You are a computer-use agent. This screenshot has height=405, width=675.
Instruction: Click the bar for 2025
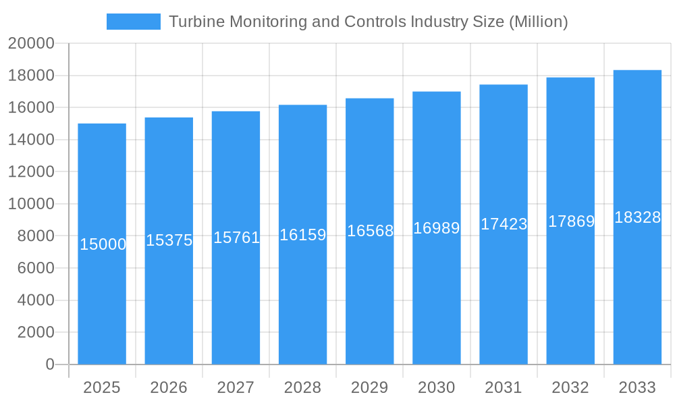pyautogui.click(x=102, y=304)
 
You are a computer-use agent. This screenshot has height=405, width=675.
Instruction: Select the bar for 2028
pyautogui.click(x=303, y=304)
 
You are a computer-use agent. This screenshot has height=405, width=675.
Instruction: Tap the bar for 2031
pyautogui.click(x=504, y=304)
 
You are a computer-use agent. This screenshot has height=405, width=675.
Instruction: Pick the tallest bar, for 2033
pyautogui.click(x=637, y=304)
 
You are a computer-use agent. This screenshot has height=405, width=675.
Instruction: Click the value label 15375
pyautogui.click(x=169, y=240)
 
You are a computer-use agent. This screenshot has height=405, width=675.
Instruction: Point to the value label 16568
pyautogui.click(x=370, y=231)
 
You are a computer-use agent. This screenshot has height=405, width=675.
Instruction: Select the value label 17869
pyautogui.click(x=571, y=221)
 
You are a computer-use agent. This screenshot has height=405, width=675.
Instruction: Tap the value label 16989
pyautogui.click(x=437, y=228)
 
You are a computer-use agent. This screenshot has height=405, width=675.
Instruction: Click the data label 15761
pyautogui.click(x=236, y=238)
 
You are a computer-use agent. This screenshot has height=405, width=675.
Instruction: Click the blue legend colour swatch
pyautogui.click(x=134, y=22)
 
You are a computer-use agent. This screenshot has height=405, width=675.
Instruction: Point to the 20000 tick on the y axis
pyautogui.click(x=31, y=43)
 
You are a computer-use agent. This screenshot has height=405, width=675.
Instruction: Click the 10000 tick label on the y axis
pyautogui.click(x=31, y=204)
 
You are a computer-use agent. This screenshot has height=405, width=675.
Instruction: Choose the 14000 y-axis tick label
pyautogui.click(x=31, y=140)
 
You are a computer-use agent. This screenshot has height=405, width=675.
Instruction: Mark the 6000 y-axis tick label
pyautogui.click(x=35, y=268)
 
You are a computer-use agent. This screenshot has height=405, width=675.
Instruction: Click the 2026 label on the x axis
pyautogui.click(x=169, y=387)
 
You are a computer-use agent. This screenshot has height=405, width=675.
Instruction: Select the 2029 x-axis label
pyautogui.click(x=370, y=387)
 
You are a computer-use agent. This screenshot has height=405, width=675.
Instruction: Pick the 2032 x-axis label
pyautogui.click(x=570, y=387)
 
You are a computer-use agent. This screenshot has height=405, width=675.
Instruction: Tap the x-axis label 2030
pyautogui.click(x=437, y=387)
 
